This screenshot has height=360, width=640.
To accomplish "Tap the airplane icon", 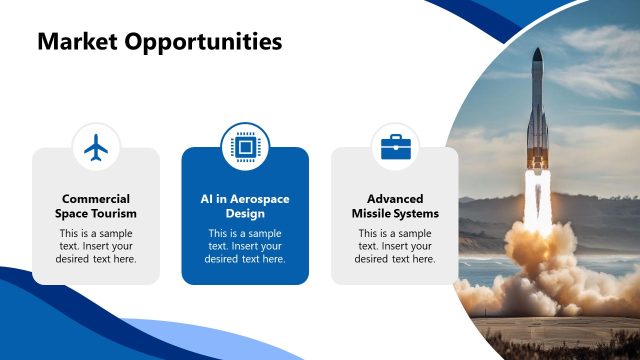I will pyautogui.click(x=96, y=148).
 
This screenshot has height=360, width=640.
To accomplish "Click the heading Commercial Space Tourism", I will pyautogui.click(x=96, y=206).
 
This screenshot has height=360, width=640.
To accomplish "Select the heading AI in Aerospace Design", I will pyautogui.click(x=245, y=206).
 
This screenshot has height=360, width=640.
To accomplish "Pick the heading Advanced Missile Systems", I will pyautogui.click(x=395, y=206).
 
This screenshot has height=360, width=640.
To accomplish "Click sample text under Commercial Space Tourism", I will pyautogui.click(x=96, y=246).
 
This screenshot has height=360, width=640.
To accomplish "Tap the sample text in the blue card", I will pyautogui.click(x=245, y=246).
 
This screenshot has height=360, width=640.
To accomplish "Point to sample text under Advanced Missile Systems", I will pyautogui.click(x=395, y=246).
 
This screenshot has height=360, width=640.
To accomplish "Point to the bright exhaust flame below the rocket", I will pyautogui.click(x=537, y=205).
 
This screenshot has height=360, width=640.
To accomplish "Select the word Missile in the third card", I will pyautogui.click(x=375, y=214).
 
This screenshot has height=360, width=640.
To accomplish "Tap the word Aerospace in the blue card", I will pyautogui.click(x=256, y=199).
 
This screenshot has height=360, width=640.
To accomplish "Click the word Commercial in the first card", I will pyautogui.click(x=96, y=199).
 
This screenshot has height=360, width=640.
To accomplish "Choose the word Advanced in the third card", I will pyautogui.click(x=395, y=199).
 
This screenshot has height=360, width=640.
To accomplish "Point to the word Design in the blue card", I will pyautogui.click(x=245, y=214).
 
